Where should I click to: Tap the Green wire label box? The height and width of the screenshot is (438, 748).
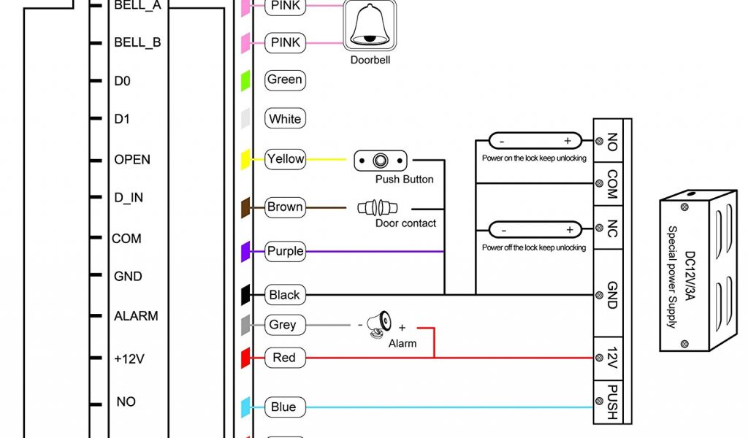pos(285,80)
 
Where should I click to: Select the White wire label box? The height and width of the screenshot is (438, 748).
pos(285,119)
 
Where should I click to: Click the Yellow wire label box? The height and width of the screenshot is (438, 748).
pos(285,158)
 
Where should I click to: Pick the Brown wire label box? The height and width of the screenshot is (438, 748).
pos(285,207)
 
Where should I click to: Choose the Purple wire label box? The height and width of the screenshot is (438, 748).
pos(285,251)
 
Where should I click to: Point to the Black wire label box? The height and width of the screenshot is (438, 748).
pos(285,295)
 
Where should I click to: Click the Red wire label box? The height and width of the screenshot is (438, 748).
pos(284,358)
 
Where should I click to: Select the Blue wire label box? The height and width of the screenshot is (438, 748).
pos(283,407)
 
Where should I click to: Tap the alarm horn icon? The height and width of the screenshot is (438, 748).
pos(380,324)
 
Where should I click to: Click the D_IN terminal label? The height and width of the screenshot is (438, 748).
pos(128,199)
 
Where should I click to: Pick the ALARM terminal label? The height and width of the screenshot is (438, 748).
pos(136,316)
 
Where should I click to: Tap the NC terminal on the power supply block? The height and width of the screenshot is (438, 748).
pos(612,228)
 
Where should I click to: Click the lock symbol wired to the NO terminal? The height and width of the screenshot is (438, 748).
pos(535,141)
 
